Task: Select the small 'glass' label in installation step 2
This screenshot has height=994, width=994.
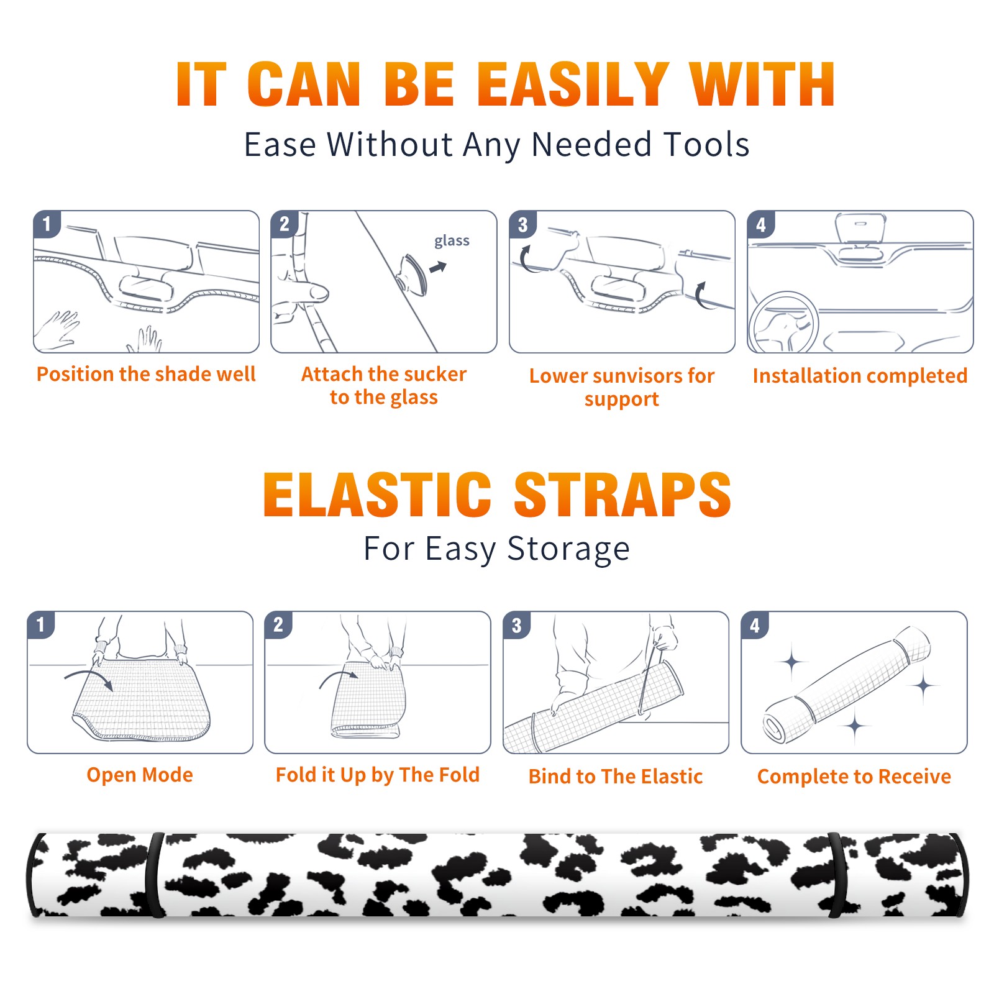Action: pyautogui.click(x=452, y=241)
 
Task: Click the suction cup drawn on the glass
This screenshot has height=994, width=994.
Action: pyautogui.click(x=413, y=275)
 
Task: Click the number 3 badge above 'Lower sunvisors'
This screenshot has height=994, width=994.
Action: pyautogui.click(x=522, y=224)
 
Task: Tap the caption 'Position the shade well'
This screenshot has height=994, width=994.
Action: pyautogui.click(x=146, y=374)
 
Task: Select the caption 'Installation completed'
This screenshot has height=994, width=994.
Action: pyautogui.click(x=860, y=375)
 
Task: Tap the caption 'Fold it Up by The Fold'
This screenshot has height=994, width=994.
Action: pyautogui.click(x=378, y=775)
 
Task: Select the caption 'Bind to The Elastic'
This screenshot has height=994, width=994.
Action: pyautogui.click(x=616, y=777)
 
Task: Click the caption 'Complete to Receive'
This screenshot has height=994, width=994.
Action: pyautogui.click(x=854, y=777)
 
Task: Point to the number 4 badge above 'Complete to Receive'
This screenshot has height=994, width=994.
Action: pyautogui.click(x=755, y=625)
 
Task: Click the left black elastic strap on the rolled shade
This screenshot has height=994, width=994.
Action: pyautogui.click(x=155, y=875)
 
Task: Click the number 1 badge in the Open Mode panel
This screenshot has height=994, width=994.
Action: pyautogui.click(x=40, y=624)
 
